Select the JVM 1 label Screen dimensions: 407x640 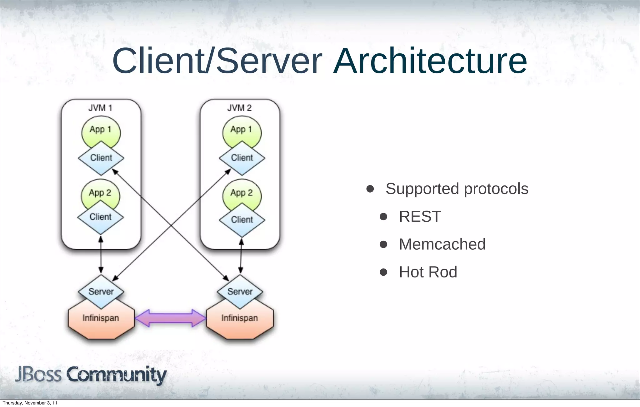coord(100,108)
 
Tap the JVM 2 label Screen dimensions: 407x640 coord(239,108)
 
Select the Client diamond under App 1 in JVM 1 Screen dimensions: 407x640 coord(101,158)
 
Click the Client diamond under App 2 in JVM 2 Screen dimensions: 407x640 coord(242,220)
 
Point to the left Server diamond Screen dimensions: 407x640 coord(101,292)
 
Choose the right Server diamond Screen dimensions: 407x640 coord(240,292)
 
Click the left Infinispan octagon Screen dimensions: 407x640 coord(101,321)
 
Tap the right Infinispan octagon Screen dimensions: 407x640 coord(240,321)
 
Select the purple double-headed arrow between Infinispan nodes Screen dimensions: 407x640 coord(170,318)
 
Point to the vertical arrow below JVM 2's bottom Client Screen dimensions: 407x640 coord(241,256)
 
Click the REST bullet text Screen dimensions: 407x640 coord(420,217)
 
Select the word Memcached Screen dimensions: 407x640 coord(442,244)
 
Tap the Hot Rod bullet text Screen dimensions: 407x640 coord(428,272)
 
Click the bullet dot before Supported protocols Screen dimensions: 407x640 coord(370,189)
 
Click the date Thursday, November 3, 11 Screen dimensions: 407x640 coord(30,403)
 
